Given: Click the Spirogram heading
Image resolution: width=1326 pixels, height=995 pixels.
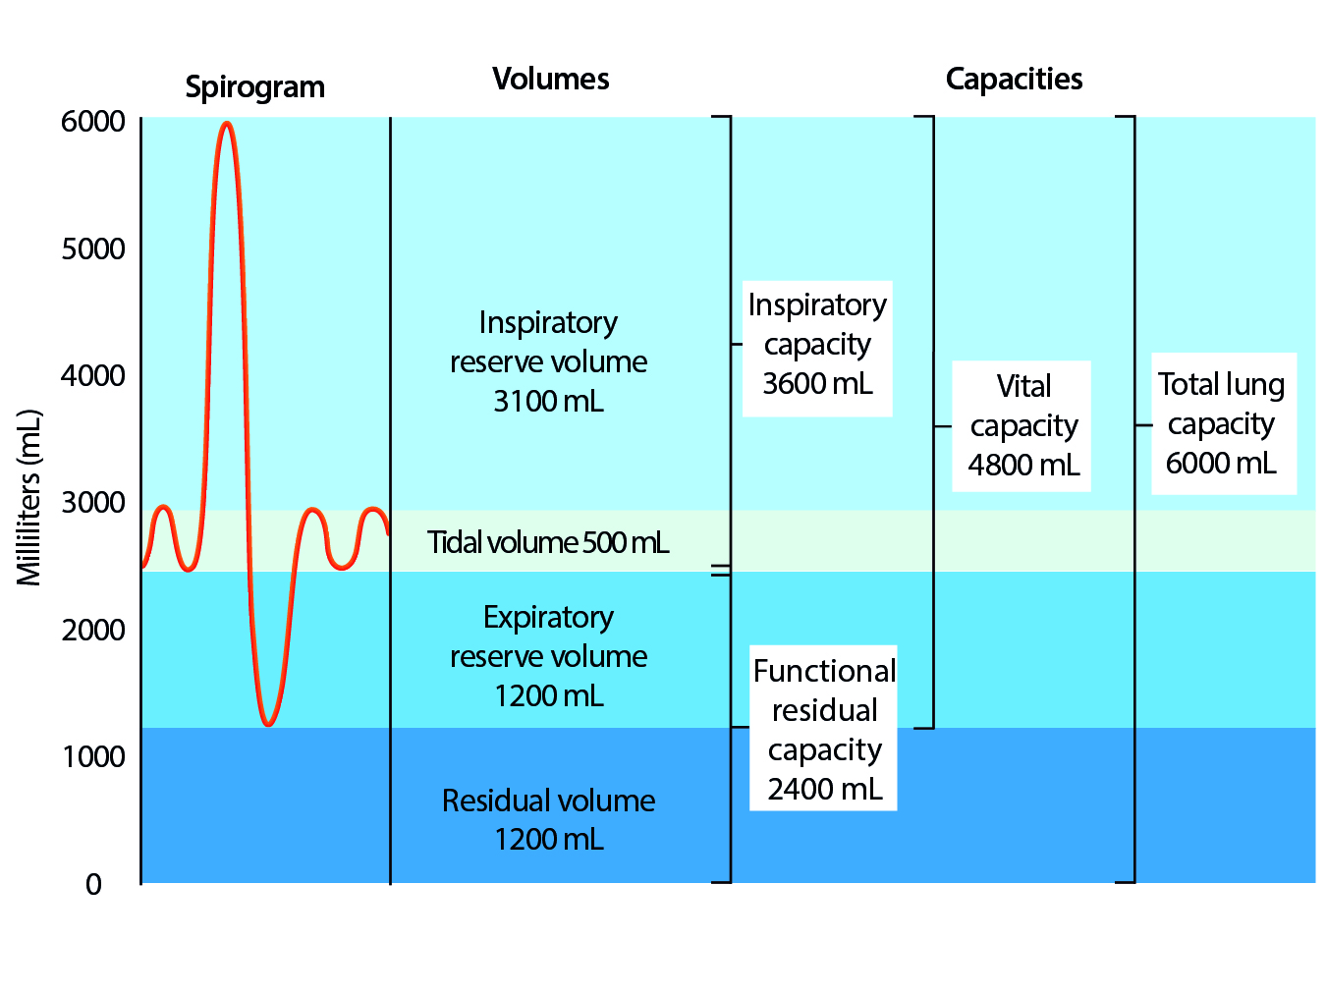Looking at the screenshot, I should [x=254, y=87].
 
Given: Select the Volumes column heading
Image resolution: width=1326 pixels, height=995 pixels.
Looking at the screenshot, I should [x=550, y=80].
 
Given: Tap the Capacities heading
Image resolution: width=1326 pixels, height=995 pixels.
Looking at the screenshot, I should [x=1014, y=80].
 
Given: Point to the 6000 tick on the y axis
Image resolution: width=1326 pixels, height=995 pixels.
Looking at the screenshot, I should [x=93, y=122].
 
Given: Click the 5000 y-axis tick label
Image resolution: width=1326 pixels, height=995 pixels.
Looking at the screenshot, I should [x=93, y=249].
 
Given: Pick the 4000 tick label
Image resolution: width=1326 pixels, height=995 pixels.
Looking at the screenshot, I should [x=93, y=375].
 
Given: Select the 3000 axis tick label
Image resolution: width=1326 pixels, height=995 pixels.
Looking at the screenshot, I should [x=93, y=502].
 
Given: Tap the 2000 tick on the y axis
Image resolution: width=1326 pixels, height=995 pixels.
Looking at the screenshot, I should [x=93, y=630].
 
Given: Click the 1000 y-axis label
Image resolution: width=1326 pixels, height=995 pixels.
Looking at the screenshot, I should [x=93, y=756].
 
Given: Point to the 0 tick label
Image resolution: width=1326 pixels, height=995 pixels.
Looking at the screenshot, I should [x=93, y=884].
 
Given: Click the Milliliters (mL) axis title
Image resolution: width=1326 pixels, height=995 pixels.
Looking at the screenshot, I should [x=29, y=498].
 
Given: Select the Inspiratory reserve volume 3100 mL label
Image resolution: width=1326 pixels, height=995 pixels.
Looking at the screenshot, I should [x=548, y=361].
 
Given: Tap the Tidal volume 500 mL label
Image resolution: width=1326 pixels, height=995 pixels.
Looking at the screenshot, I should [x=548, y=542].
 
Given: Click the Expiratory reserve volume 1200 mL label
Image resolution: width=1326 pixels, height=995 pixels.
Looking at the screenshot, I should [x=548, y=656].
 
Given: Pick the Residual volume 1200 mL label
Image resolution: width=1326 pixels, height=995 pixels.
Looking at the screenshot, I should [x=548, y=819].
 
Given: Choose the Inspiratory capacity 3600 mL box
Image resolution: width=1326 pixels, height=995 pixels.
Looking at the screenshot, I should [x=817, y=345].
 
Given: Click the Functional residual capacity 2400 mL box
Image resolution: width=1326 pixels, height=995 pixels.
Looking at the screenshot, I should [x=824, y=729].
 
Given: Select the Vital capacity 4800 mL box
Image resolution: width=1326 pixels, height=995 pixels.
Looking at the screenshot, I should [x=1023, y=425].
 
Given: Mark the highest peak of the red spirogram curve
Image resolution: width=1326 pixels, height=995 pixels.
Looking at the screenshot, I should [x=227, y=124].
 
